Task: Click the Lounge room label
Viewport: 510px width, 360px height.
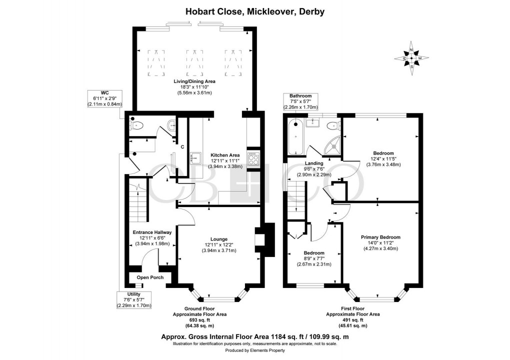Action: pos(218,238)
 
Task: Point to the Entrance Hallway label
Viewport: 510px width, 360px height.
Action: pos(152,232)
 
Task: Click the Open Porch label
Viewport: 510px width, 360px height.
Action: pos(150,277)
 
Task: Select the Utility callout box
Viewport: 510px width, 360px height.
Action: pos(133,299)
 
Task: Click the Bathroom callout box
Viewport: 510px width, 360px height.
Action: pos(299,101)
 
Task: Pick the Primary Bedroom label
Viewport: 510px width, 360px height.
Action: pos(380,237)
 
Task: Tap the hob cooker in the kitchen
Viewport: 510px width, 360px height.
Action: pos(253,160)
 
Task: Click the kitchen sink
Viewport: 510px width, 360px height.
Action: pos(195,158)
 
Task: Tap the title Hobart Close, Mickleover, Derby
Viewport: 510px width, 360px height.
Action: pos(255,11)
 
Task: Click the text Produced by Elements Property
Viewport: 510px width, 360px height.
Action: pos(255,350)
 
